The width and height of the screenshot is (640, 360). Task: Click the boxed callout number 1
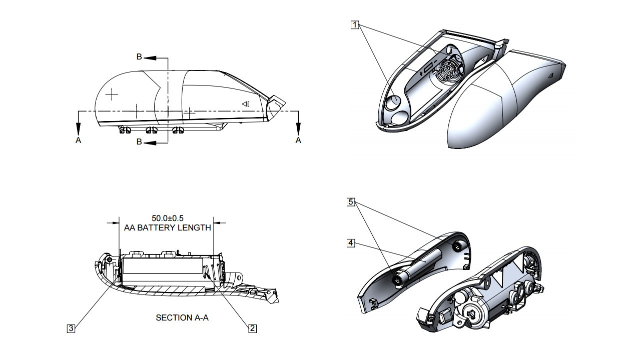355,24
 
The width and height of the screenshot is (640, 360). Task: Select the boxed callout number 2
253,328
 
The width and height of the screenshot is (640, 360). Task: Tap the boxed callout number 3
72,328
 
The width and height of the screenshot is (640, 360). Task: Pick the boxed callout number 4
351,243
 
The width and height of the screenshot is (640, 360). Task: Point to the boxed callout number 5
351,202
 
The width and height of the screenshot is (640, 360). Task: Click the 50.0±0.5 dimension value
168,218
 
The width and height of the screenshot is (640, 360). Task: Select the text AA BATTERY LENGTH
168,227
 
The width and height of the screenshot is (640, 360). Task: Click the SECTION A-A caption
182,317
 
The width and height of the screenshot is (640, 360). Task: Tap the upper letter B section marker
140,57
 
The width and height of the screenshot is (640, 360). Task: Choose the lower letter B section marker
140,142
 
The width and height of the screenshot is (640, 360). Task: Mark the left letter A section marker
78,140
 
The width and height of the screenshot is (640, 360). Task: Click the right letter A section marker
298,140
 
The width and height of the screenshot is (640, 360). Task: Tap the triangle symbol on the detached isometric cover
549,75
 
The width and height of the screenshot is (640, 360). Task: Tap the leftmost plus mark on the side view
112,93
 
